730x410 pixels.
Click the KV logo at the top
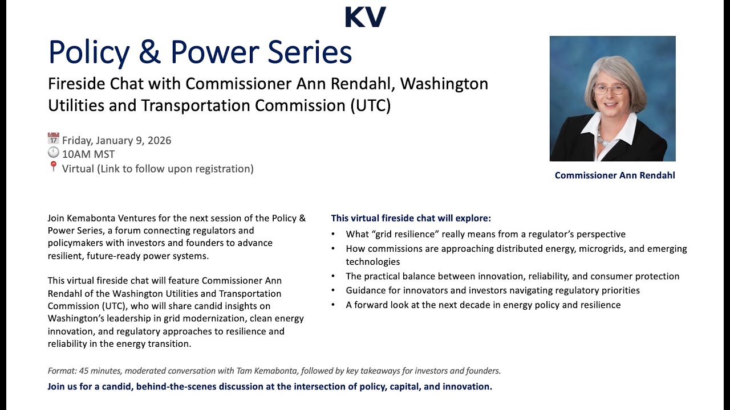[x=366, y=17]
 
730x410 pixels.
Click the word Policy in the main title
[x=89, y=52]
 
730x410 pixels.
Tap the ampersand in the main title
[x=150, y=52]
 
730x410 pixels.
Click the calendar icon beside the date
[x=54, y=139]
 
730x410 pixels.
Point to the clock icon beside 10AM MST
[x=54, y=153]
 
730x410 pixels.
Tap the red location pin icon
[x=54, y=167]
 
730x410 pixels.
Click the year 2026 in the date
[x=159, y=141]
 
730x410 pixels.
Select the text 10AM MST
[x=88, y=154]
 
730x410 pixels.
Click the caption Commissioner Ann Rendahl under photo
[x=615, y=175]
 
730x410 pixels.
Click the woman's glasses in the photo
[x=610, y=89]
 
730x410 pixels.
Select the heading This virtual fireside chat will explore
[x=411, y=218]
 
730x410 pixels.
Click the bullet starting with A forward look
[x=483, y=305]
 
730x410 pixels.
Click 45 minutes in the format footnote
[x=99, y=371]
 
